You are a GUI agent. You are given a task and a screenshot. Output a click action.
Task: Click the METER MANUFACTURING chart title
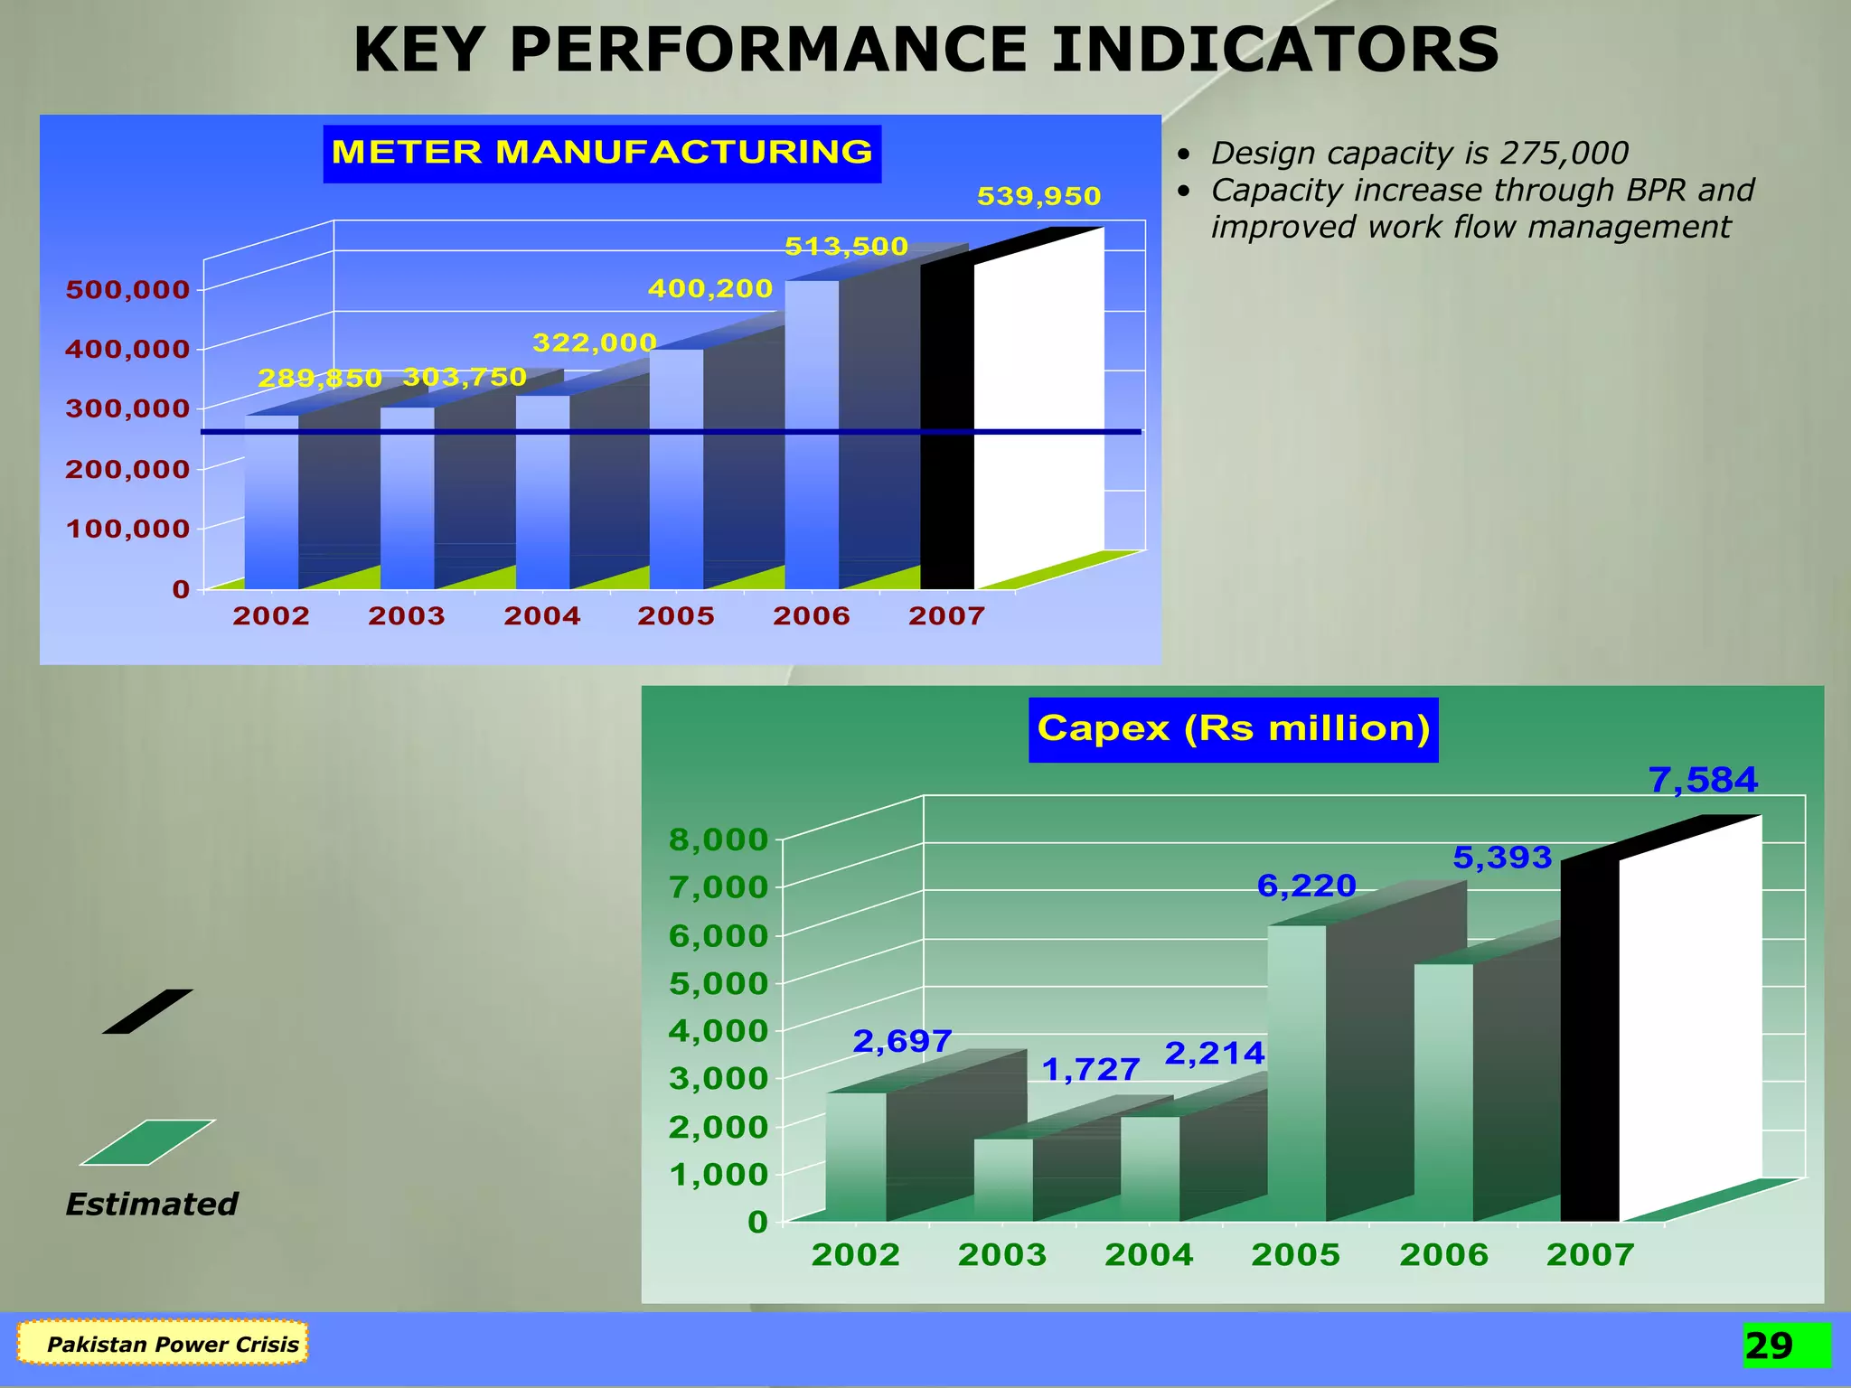point(602,153)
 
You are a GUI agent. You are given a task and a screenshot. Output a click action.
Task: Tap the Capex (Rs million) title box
point(1233,728)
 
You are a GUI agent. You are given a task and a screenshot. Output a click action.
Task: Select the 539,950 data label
point(1038,196)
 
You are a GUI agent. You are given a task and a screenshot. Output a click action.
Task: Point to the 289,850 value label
point(320,378)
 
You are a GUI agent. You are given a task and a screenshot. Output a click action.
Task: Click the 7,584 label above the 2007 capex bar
point(1703,780)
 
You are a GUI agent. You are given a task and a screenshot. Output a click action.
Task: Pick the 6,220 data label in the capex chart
point(1306,886)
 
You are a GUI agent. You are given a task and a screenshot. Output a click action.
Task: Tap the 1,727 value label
point(1090,1070)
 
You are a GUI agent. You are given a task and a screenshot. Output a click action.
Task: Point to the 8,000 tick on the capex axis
point(718,839)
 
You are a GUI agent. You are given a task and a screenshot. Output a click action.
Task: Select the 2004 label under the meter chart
point(541,616)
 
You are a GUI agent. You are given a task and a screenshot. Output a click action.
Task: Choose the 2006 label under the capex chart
point(1443,1254)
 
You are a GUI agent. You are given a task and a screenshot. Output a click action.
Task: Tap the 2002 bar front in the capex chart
point(855,1157)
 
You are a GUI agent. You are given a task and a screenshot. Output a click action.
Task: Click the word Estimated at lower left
point(152,1205)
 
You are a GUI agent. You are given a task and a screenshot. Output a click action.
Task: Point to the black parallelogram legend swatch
point(147,1011)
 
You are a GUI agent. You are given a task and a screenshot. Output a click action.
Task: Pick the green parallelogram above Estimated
point(147,1142)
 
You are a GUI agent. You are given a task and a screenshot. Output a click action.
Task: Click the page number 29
point(1769,1346)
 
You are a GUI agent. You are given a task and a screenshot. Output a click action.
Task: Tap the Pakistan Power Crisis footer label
point(172,1344)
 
